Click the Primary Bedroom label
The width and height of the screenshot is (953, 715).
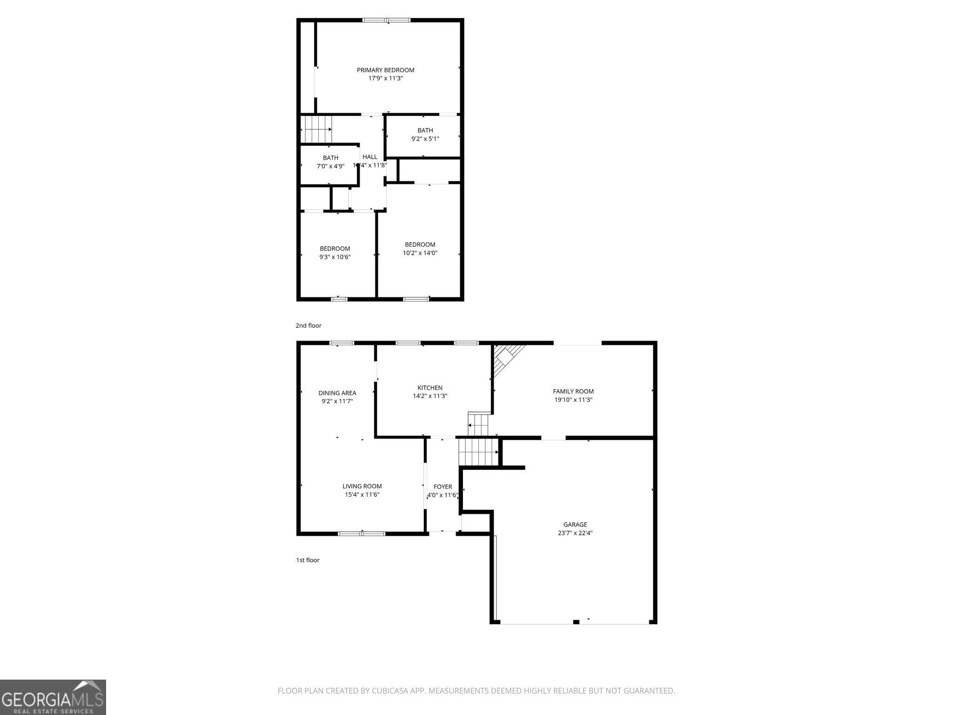pos(385,70)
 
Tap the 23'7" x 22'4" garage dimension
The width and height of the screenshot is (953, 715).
pos(575,533)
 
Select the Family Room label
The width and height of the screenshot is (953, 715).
pos(573,391)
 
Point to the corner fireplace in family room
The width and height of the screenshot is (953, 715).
pos(506,358)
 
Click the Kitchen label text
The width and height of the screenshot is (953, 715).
pos(430,388)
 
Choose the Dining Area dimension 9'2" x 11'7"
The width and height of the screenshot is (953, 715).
pos(337,401)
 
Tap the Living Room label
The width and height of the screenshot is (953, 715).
pos(362,486)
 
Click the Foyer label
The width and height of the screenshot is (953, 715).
pos(443,487)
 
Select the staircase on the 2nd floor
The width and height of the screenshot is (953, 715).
pos(316,129)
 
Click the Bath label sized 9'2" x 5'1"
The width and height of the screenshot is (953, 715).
pos(425,130)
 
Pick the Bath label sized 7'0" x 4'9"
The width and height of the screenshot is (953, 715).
pos(330,158)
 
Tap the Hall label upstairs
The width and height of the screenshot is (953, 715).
pos(370,157)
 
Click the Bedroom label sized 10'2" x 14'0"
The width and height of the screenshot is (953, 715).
pos(420,244)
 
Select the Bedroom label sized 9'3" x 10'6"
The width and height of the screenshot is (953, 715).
pos(335,249)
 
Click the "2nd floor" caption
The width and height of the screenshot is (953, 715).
pos(309,325)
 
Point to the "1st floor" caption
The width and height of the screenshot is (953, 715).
pos(308,560)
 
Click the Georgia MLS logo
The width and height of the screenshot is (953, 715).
pos(53,697)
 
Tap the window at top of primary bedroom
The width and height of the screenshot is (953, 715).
pos(387,20)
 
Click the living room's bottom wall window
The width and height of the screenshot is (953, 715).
pos(362,533)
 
